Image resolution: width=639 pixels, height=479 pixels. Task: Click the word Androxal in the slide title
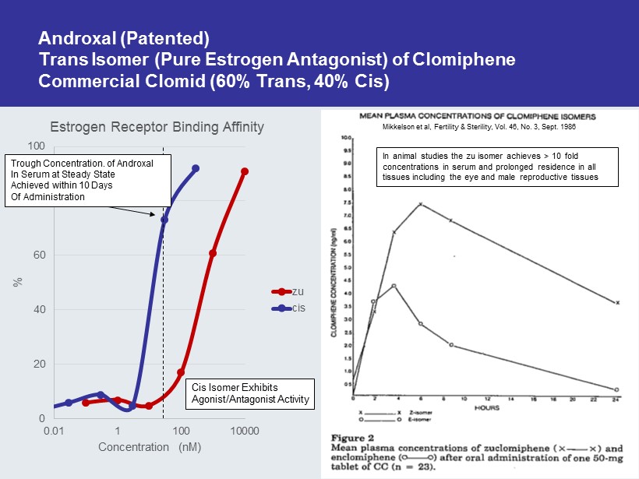click(x=71, y=37)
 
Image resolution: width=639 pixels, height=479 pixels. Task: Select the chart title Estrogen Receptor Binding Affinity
click(x=157, y=127)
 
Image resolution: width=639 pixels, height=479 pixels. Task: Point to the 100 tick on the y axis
click(x=36, y=146)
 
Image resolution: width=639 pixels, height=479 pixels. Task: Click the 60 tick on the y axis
click(x=38, y=255)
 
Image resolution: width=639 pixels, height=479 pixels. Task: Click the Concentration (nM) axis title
click(x=150, y=447)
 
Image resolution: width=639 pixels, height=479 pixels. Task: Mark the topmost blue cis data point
click(x=196, y=168)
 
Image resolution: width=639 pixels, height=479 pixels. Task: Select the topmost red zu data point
click(x=245, y=171)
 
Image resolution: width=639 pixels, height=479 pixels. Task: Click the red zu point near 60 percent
click(x=213, y=253)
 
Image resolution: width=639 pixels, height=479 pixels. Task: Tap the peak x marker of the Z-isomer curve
click(x=421, y=205)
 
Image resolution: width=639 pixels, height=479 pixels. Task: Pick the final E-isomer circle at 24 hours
click(x=616, y=389)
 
